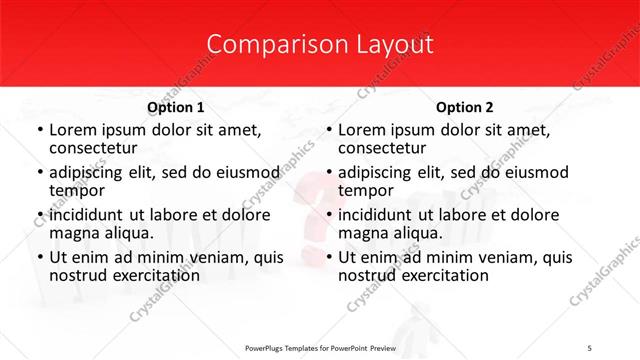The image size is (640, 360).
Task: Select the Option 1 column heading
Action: (x=176, y=107)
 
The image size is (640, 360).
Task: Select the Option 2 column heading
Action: (x=465, y=107)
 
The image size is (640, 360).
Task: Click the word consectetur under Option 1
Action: (x=93, y=148)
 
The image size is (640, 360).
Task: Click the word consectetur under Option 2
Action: (x=382, y=148)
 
